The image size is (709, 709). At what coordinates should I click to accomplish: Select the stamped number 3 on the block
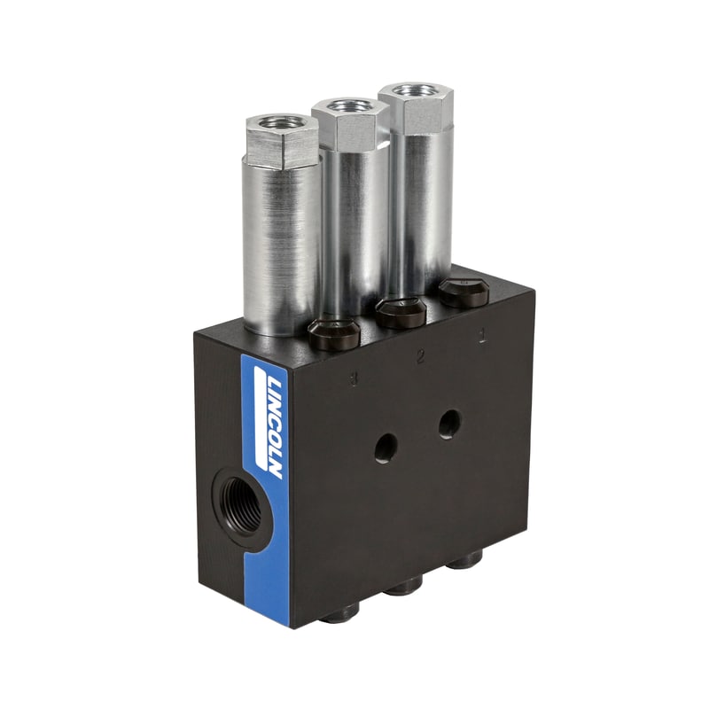point(354,379)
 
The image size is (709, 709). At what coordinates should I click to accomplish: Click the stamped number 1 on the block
point(481,338)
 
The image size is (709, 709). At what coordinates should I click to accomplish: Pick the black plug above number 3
point(334,334)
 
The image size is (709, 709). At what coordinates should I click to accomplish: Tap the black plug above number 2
point(401,313)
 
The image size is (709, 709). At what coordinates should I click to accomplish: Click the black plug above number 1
point(464,292)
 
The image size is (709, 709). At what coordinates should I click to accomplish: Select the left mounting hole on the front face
point(385,448)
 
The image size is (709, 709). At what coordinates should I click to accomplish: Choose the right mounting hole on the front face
point(449,425)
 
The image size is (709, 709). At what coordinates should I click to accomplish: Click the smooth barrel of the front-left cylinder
point(282,248)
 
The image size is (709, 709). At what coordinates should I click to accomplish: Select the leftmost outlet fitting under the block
point(339,612)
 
